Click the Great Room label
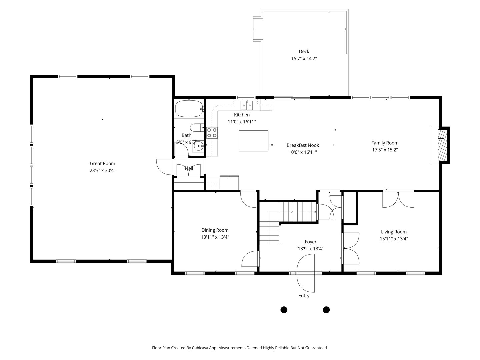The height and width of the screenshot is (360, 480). click(102, 163)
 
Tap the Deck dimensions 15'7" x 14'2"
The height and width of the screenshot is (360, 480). click(304, 58)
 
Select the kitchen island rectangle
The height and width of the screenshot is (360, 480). click(253, 141)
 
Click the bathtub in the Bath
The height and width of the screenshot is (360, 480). click(188, 109)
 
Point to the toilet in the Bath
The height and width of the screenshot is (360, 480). click(197, 127)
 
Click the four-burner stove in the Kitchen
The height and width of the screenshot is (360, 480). click(212, 133)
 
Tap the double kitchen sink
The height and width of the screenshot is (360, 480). click(247, 106)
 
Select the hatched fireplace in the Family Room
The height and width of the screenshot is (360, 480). click(442, 145)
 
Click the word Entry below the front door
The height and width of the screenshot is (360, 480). click(304, 296)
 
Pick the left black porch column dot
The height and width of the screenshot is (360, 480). click(284, 310)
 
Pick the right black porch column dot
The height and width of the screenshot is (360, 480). click(326, 310)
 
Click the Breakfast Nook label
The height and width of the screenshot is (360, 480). click(303, 145)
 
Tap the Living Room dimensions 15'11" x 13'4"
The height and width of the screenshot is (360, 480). click(394, 239)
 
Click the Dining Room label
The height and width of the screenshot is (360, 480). click(215, 230)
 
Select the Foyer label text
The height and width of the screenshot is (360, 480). click(310, 242)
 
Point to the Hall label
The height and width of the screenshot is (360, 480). click(189, 168)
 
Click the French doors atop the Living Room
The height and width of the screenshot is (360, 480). click(398, 199)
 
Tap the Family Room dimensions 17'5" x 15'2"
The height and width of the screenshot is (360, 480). click(385, 150)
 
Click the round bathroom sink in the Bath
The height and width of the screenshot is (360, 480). click(199, 146)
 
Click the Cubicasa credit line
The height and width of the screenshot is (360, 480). click(240, 348)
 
